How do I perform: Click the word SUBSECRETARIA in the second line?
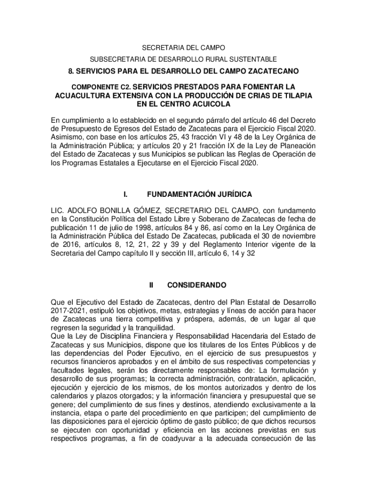(x=113, y=59)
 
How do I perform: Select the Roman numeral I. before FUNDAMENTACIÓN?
(x=124, y=195)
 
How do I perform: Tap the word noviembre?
(x=296, y=236)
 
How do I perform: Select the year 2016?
(x=70, y=245)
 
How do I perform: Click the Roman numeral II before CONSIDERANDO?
(x=151, y=285)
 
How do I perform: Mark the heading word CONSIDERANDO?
(x=196, y=285)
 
